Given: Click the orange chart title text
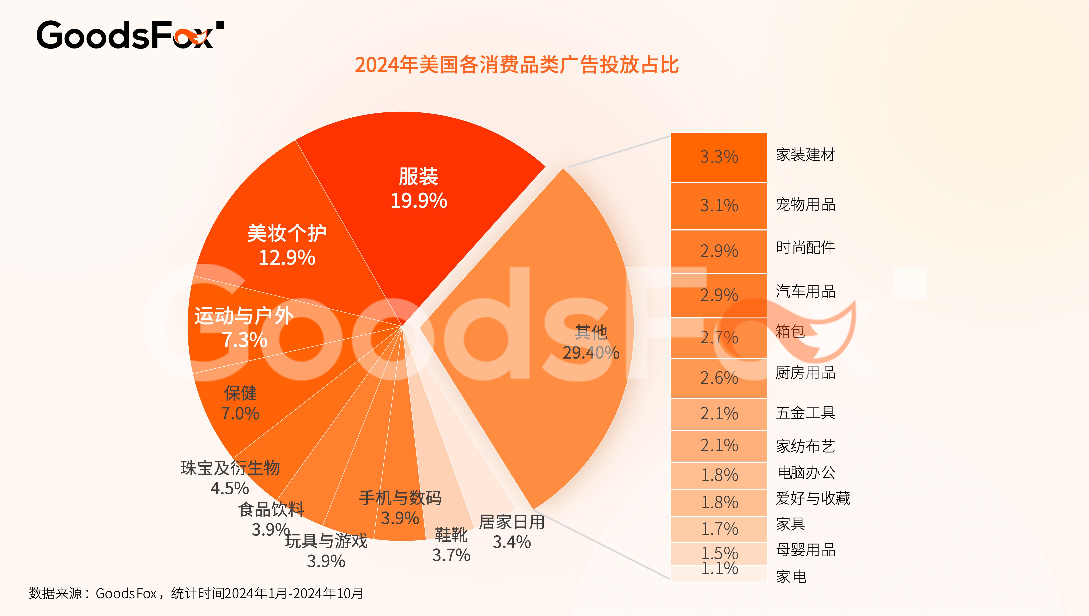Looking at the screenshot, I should pyautogui.click(x=517, y=65).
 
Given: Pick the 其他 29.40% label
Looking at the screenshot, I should pyautogui.click(x=591, y=342).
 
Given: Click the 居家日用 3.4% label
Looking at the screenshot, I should pyautogui.click(x=511, y=532).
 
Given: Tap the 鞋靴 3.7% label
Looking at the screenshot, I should pyautogui.click(x=451, y=545).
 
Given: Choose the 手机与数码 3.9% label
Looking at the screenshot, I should pyautogui.click(x=400, y=508).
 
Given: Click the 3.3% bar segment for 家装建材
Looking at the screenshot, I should pyautogui.click(x=719, y=157).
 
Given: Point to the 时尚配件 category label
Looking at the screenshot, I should pyautogui.click(x=805, y=247).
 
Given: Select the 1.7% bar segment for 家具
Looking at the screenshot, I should pyautogui.click(x=719, y=529).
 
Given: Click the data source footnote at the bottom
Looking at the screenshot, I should pyautogui.click(x=196, y=594).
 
